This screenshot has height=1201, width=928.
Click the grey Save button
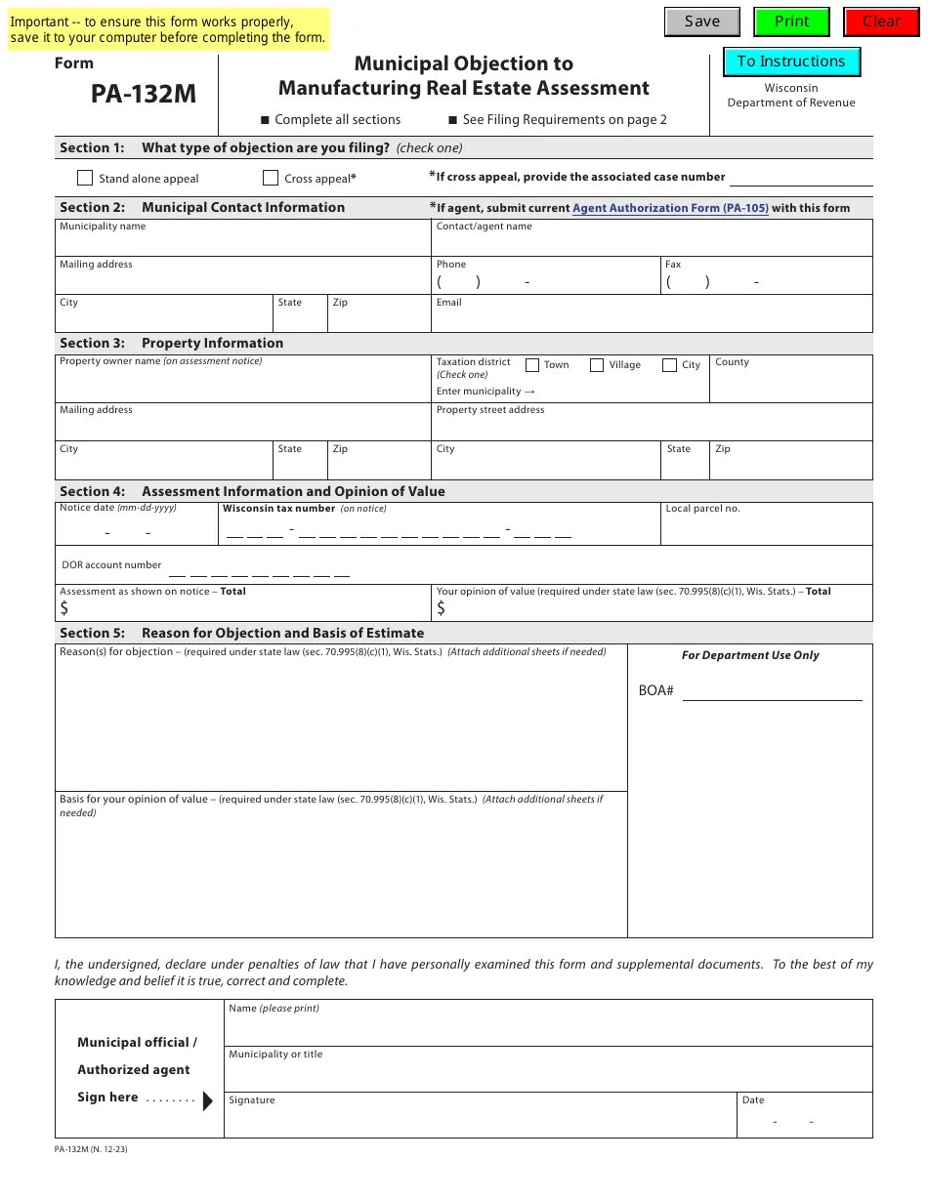click(701, 21)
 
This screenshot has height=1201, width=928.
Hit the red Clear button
click(881, 21)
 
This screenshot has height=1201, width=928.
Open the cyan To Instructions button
click(791, 62)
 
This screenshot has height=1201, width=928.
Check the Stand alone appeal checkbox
click(85, 178)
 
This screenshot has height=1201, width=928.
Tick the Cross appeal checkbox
click(271, 178)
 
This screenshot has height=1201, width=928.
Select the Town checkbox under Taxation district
click(532, 365)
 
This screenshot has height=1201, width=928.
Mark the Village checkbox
click(597, 365)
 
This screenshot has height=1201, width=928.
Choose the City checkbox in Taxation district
click(669, 365)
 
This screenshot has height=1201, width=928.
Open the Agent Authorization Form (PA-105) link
click(670, 208)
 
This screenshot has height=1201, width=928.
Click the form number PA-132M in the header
click(144, 94)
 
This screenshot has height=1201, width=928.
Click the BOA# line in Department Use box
click(772, 691)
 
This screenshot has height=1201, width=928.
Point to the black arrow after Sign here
click(207, 1101)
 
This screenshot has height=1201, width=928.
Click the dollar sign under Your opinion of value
click(442, 608)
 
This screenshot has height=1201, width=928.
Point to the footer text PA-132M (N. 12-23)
click(91, 1149)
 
